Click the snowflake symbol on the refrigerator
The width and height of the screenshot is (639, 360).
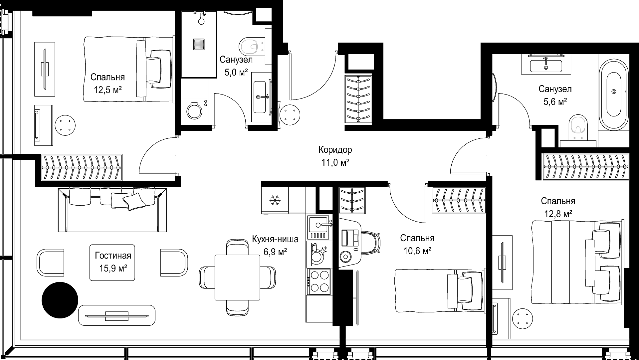(x=275, y=200)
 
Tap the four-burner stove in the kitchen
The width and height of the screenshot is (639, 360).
(x=319, y=281)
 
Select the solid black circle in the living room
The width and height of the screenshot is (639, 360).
(x=60, y=300)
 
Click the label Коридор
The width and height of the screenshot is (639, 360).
(x=335, y=150)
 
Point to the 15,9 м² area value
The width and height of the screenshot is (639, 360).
(x=113, y=268)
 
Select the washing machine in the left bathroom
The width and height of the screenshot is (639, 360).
(x=195, y=111)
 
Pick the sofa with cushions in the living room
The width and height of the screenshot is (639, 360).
(x=112, y=210)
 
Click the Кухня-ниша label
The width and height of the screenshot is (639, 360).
(x=275, y=239)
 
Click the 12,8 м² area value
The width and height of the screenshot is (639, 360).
(x=558, y=214)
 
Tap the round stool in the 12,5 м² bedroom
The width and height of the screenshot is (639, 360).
(x=65, y=125)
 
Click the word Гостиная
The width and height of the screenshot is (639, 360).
(x=113, y=256)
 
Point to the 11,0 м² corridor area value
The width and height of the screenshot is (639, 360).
(x=335, y=163)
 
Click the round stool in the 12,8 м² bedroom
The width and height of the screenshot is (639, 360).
(x=523, y=318)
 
